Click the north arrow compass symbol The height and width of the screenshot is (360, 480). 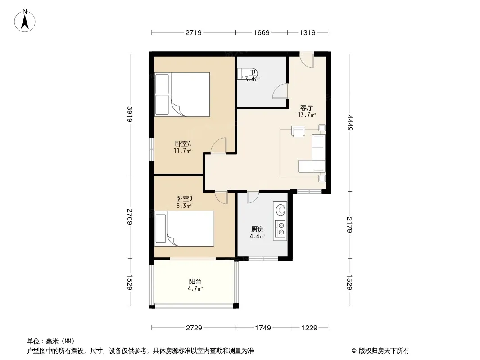(25, 20)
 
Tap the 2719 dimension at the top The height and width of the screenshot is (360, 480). (194, 32)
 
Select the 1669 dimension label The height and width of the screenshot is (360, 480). (262, 32)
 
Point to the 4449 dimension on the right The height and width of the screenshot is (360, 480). (350, 123)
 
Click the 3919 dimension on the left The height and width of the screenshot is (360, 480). (130, 114)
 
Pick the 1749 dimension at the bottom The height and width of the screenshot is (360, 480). (263, 328)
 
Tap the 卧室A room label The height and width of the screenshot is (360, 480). (183, 144)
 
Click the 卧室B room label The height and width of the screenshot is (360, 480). (184, 199)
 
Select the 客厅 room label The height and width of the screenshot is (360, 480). (307, 108)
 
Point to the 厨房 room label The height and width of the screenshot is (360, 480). (258, 229)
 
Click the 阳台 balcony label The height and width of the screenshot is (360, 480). (195, 281)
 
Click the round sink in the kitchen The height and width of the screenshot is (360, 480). (281, 210)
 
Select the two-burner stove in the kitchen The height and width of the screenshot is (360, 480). (281, 229)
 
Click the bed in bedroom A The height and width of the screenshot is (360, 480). (182, 94)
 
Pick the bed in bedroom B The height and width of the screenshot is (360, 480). (184, 229)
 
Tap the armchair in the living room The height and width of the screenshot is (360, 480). (298, 131)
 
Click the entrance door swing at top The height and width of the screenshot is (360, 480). (307, 61)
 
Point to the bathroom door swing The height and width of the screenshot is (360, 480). (280, 91)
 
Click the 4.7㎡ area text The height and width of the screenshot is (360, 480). (195, 288)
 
